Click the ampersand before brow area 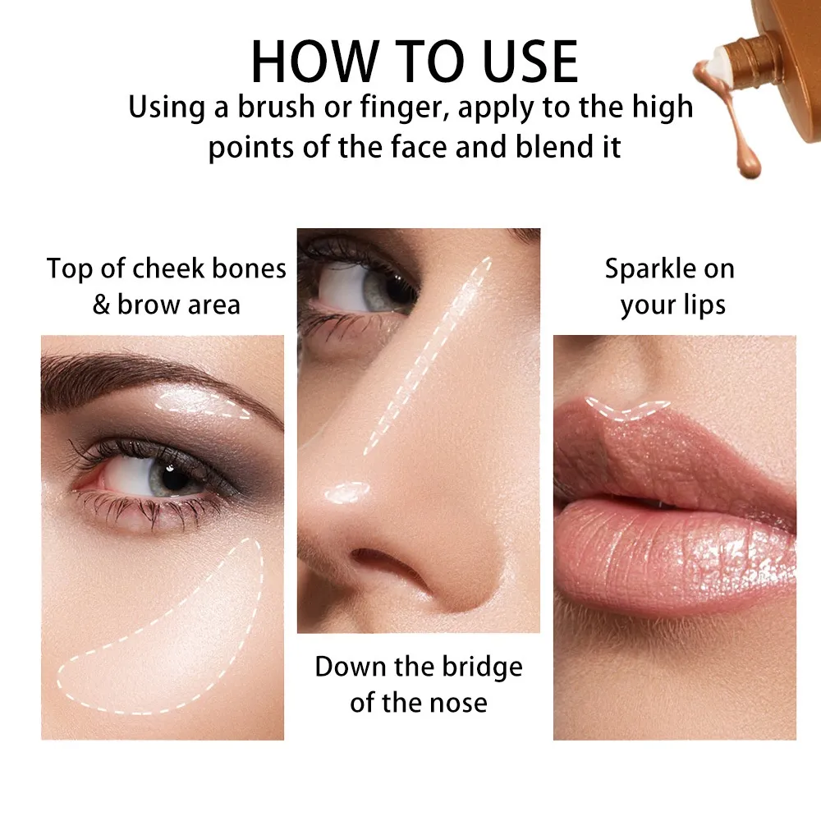click(x=100, y=305)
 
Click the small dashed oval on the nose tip click(x=347, y=492)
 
